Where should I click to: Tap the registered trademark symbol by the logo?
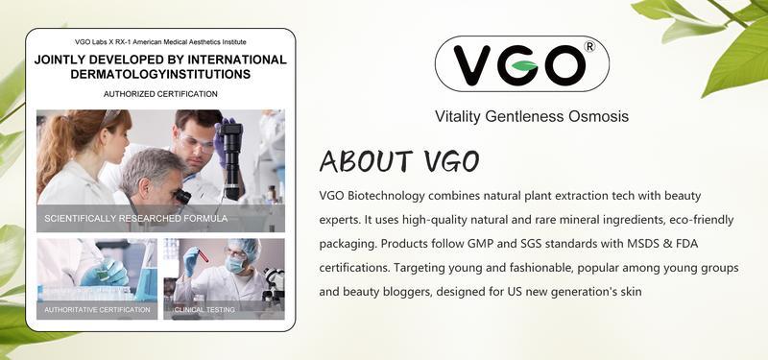tap(589, 46)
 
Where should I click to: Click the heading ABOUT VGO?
tap(399, 161)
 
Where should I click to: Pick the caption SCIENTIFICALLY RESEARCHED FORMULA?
tap(135, 219)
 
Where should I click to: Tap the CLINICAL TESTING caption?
tap(206, 309)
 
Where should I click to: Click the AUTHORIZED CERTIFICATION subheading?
tap(160, 94)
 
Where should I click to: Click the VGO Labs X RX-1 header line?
tap(160, 42)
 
